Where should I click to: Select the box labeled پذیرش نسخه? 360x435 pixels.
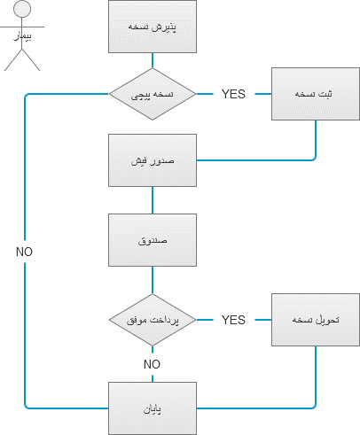tap(153, 27)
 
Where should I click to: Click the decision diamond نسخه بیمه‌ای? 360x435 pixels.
tap(153, 93)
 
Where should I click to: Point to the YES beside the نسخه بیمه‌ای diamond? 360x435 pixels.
tap(233, 94)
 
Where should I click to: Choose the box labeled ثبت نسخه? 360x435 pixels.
tap(316, 93)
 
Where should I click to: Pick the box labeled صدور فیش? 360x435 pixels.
tap(153, 160)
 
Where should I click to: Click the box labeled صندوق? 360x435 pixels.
tap(153, 240)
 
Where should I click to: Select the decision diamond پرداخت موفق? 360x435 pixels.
tap(153, 319)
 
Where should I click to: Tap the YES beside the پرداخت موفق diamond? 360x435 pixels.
tap(233, 319)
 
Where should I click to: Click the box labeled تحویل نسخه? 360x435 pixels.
tap(316, 319)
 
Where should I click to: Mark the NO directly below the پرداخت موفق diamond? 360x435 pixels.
tap(153, 364)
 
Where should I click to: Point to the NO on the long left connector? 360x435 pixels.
tap(25, 252)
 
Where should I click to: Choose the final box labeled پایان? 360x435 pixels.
tap(153, 408)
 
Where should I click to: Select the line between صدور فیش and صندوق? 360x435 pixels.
tap(153, 200)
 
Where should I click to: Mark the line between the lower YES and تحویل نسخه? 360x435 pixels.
tap(261, 319)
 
